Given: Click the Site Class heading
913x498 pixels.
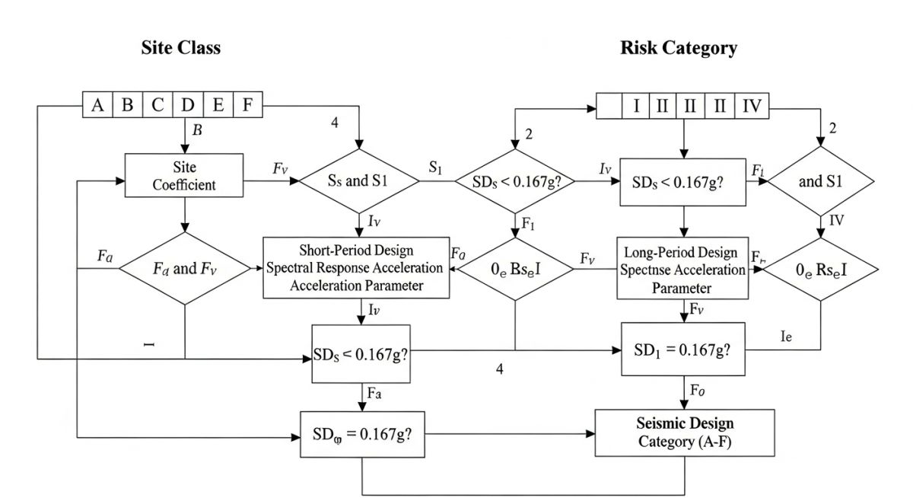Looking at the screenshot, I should pos(180,47).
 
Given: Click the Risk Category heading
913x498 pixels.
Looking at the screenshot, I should pos(679,48).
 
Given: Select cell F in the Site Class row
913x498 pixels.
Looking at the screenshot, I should pos(247,105).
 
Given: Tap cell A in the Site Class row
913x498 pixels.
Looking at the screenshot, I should pos(97,105).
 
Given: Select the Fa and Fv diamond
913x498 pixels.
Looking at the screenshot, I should pos(185,270).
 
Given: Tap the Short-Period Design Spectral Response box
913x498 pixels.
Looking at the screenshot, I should pos(354,267).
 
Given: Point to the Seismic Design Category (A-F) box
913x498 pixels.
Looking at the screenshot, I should pos(685,432).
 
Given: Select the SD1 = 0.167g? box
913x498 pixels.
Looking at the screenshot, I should pos(683,349).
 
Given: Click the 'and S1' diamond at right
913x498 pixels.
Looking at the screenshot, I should pos(821,181).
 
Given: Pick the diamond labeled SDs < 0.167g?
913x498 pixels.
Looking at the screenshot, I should pos(514,182).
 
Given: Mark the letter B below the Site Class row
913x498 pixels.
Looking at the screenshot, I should pos(197,130).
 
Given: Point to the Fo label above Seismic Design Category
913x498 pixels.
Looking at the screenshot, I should pos(697,391).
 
